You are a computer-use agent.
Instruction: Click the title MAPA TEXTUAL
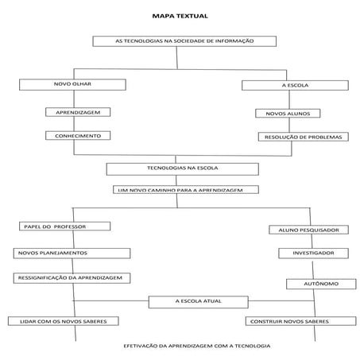pyautogui.click(x=180, y=15)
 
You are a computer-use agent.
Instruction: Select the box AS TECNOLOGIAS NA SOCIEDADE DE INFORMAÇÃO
pyautogui.click(x=184, y=41)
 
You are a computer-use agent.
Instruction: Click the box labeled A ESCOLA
pyautogui.click(x=295, y=85)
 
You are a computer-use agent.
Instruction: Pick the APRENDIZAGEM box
pyautogui.click(x=77, y=112)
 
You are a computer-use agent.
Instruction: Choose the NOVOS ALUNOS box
pyautogui.click(x=288, y=114)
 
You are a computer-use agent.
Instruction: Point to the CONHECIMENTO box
pyautogui.click(x=77, y=136)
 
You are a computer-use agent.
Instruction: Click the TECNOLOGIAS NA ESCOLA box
pyautogui.click(x=182, y=168)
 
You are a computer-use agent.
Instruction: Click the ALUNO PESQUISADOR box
pyautogui.click(x=308, y=230)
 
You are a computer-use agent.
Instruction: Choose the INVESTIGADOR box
pyautogui.click(x=312, y=253)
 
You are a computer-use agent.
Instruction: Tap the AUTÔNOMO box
pyautogui.click(x=318, y=284)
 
